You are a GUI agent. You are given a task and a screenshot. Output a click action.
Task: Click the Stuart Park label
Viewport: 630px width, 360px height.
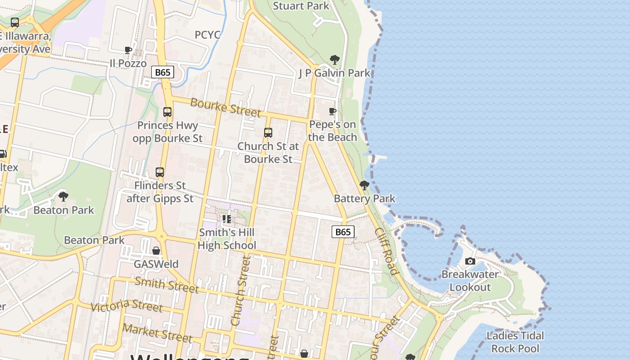click(301, 6)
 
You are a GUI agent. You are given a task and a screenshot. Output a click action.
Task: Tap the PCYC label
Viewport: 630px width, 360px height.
click(207, 35)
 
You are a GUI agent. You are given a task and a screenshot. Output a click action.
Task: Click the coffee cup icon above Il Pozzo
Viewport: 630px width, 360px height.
click(128, 50)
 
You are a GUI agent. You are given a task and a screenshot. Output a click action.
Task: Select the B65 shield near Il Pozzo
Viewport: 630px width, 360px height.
click(162, 72)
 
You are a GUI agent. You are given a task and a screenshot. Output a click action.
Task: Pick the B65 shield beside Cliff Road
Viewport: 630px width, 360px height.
click(343, 232)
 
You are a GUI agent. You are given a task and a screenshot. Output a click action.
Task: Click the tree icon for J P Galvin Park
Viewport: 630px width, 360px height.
click(334, 59)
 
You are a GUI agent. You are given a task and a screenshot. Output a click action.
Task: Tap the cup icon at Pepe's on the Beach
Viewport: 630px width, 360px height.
click(333, 111)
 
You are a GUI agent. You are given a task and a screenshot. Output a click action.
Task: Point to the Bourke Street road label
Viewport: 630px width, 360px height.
click(225, 107)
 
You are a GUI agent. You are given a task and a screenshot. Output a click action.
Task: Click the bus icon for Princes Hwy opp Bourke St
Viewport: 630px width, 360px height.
click(167, 112)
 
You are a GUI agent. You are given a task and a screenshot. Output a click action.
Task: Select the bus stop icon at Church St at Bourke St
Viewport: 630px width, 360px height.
click(268, 133)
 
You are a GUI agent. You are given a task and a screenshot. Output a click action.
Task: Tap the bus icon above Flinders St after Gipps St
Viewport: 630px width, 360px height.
click(160, 172)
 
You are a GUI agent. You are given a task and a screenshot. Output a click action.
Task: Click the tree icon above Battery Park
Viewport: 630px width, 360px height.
click(364, 185)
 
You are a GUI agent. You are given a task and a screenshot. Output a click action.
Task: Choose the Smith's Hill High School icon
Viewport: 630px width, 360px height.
click(227, 219)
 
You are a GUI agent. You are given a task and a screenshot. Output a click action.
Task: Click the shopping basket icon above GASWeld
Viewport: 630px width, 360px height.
click(156, 251)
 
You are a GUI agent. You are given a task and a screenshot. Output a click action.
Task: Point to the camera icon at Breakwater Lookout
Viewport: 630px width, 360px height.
click(470, 261)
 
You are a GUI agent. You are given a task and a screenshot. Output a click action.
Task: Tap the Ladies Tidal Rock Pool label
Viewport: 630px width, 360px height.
click(515, 342)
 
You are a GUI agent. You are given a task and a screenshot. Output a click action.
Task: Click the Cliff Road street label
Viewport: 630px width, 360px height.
click(386, 251)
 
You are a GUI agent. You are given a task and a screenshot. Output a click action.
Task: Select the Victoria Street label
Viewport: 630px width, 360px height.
click(126, 306)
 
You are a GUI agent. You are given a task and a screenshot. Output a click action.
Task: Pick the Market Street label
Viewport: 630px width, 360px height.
click(157, 333)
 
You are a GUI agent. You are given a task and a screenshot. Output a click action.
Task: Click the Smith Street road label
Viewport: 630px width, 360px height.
click(166, 284)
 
